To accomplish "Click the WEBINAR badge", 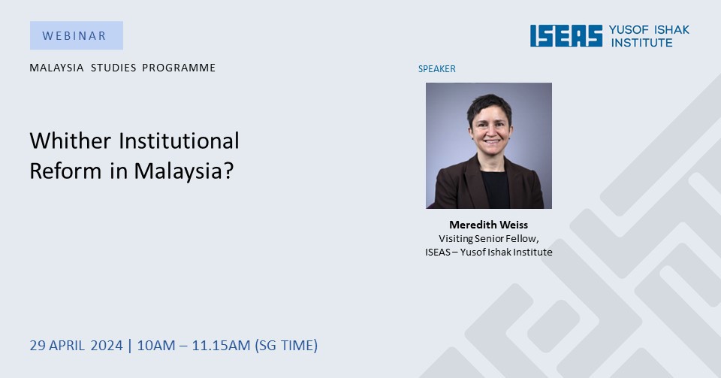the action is pos(77,35).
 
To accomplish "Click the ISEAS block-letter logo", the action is pos(566,36).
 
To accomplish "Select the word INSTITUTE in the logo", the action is pos(641,43).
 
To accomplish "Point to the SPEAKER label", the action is pos(437,69).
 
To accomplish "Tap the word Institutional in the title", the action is pos(179,141).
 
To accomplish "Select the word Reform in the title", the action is pos(65,171).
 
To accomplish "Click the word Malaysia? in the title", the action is pos(184,171).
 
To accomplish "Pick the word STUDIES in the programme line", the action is pos(113,68).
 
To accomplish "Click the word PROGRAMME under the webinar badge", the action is pos(179,68).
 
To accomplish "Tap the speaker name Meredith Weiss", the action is pos(488,225).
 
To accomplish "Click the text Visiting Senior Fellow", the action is pos(488,239).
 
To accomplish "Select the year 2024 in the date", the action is pos(107,346).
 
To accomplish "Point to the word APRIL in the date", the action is pos(67,346).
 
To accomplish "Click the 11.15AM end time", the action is pos(221,346).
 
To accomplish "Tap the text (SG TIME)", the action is pos(286,346).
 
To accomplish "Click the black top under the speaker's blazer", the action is pos(495,190).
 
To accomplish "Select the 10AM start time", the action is pos(156,346).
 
